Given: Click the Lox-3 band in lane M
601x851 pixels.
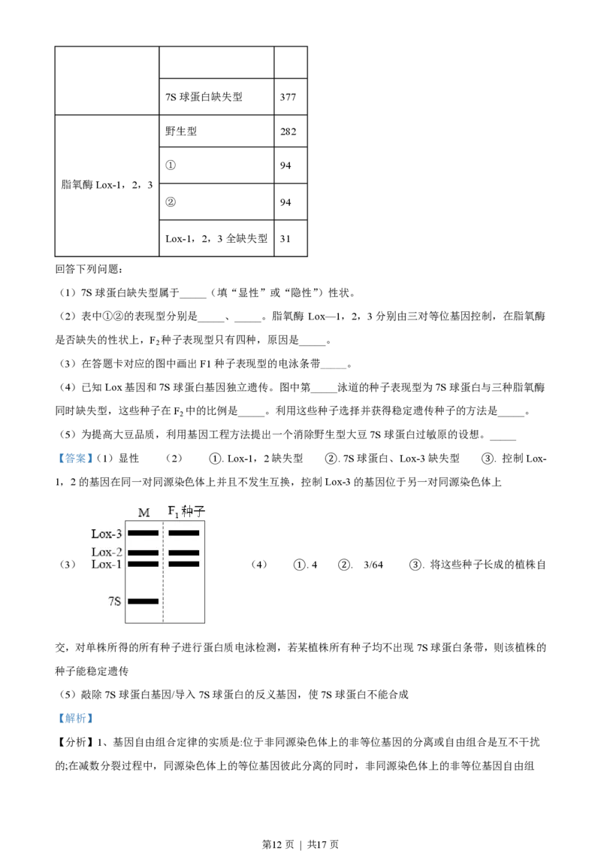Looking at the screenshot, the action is pyautogui.click(x=143, y=532).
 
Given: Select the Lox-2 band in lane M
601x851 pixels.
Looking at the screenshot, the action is pyautogui.click(x=143, y=553).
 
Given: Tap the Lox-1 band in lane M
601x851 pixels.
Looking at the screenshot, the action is pyautogui.click(x=143, y=564).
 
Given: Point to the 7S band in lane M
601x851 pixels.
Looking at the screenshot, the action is pyautogui.click(x=143, y=601).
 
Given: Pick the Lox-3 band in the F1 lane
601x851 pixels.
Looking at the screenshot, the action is pyautogui.click(x=183, y=532).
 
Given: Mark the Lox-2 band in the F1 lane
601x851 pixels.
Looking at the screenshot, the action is pyautogui.click(x=183, y=553).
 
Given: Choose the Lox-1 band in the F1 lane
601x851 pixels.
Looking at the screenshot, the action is pyautogui.click(x=183, y=564).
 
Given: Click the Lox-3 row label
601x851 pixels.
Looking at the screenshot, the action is pyautogui.click(x=107, y=534).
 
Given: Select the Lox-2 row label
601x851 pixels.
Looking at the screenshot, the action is pyautogui.click(x=107, y=553).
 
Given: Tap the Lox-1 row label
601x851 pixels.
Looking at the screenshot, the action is pyautogui.click(x=107, y=564).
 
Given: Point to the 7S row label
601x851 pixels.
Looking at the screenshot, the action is pyautogui.click(x=114, y=601).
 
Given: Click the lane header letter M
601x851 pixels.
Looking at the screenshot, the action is pyautogui.click(x=143, y=513).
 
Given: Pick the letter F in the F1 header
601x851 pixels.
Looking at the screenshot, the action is pyautogui.click(x=171, y=511).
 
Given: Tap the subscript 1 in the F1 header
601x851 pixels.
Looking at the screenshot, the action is pyautogui.click(x=177, y=514).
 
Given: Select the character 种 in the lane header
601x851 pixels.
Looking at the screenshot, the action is pyautogui.click(x=187, y=511).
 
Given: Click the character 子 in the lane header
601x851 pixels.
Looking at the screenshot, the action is pyautogui.click(x=199, y=511).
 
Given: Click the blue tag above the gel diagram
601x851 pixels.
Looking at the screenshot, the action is pyautogui.click(x=75, y=457).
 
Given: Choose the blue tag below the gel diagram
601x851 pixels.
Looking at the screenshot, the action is pyautogui.click(x=75, y=719).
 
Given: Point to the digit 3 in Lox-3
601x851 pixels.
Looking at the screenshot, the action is pyautogui.click(x=118, y=534).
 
